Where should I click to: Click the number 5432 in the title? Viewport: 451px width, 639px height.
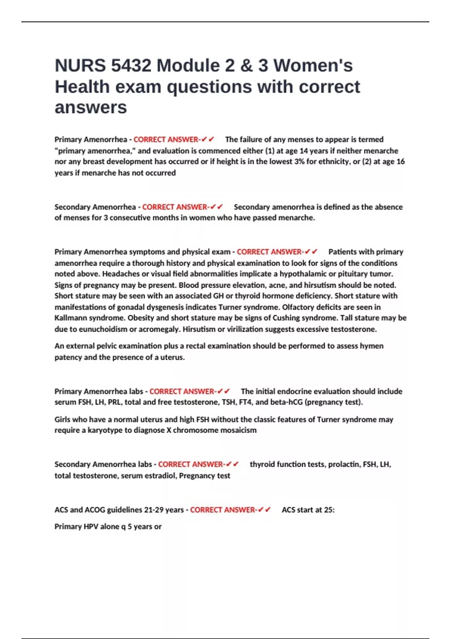pos(131,66)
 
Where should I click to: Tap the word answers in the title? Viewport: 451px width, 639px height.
pos(91,108)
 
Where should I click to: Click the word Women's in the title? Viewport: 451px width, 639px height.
pos(313,66)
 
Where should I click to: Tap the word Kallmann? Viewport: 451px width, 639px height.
pos(70,318)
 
